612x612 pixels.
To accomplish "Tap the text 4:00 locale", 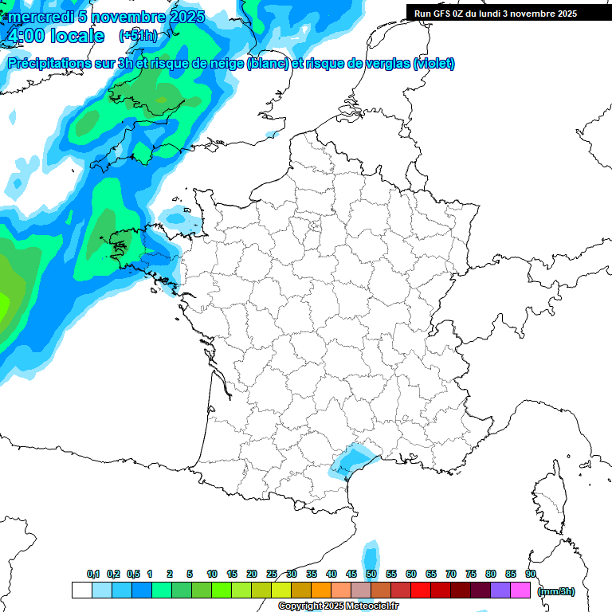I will pos(55,36).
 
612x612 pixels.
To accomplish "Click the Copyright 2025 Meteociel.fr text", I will pos(338,606).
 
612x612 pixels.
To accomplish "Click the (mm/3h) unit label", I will pos(555,590).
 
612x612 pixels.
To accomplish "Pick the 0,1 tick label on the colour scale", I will pos(92,574).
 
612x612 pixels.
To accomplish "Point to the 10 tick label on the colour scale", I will pos(211,574).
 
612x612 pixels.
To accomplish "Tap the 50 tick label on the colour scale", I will pos(371,574).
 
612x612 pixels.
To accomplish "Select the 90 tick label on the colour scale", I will pos(530,574).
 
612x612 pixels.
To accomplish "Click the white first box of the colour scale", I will pos(81,590).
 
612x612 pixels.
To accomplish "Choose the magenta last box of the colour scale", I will pos(521,590).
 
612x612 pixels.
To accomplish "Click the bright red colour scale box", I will pos(421,590).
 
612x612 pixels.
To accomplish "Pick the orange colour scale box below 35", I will pos(321,590).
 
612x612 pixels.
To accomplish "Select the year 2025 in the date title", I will pos(182,17).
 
